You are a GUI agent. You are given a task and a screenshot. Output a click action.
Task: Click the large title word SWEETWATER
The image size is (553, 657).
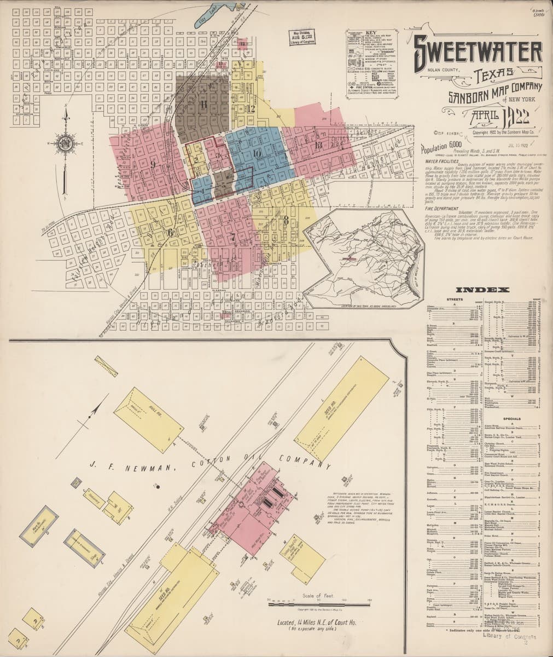(x=477, y=51)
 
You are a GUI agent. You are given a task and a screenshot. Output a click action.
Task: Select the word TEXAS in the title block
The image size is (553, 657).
(x=494, y=73)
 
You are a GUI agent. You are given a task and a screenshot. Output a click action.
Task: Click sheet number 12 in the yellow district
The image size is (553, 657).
(x=251, y=108)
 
